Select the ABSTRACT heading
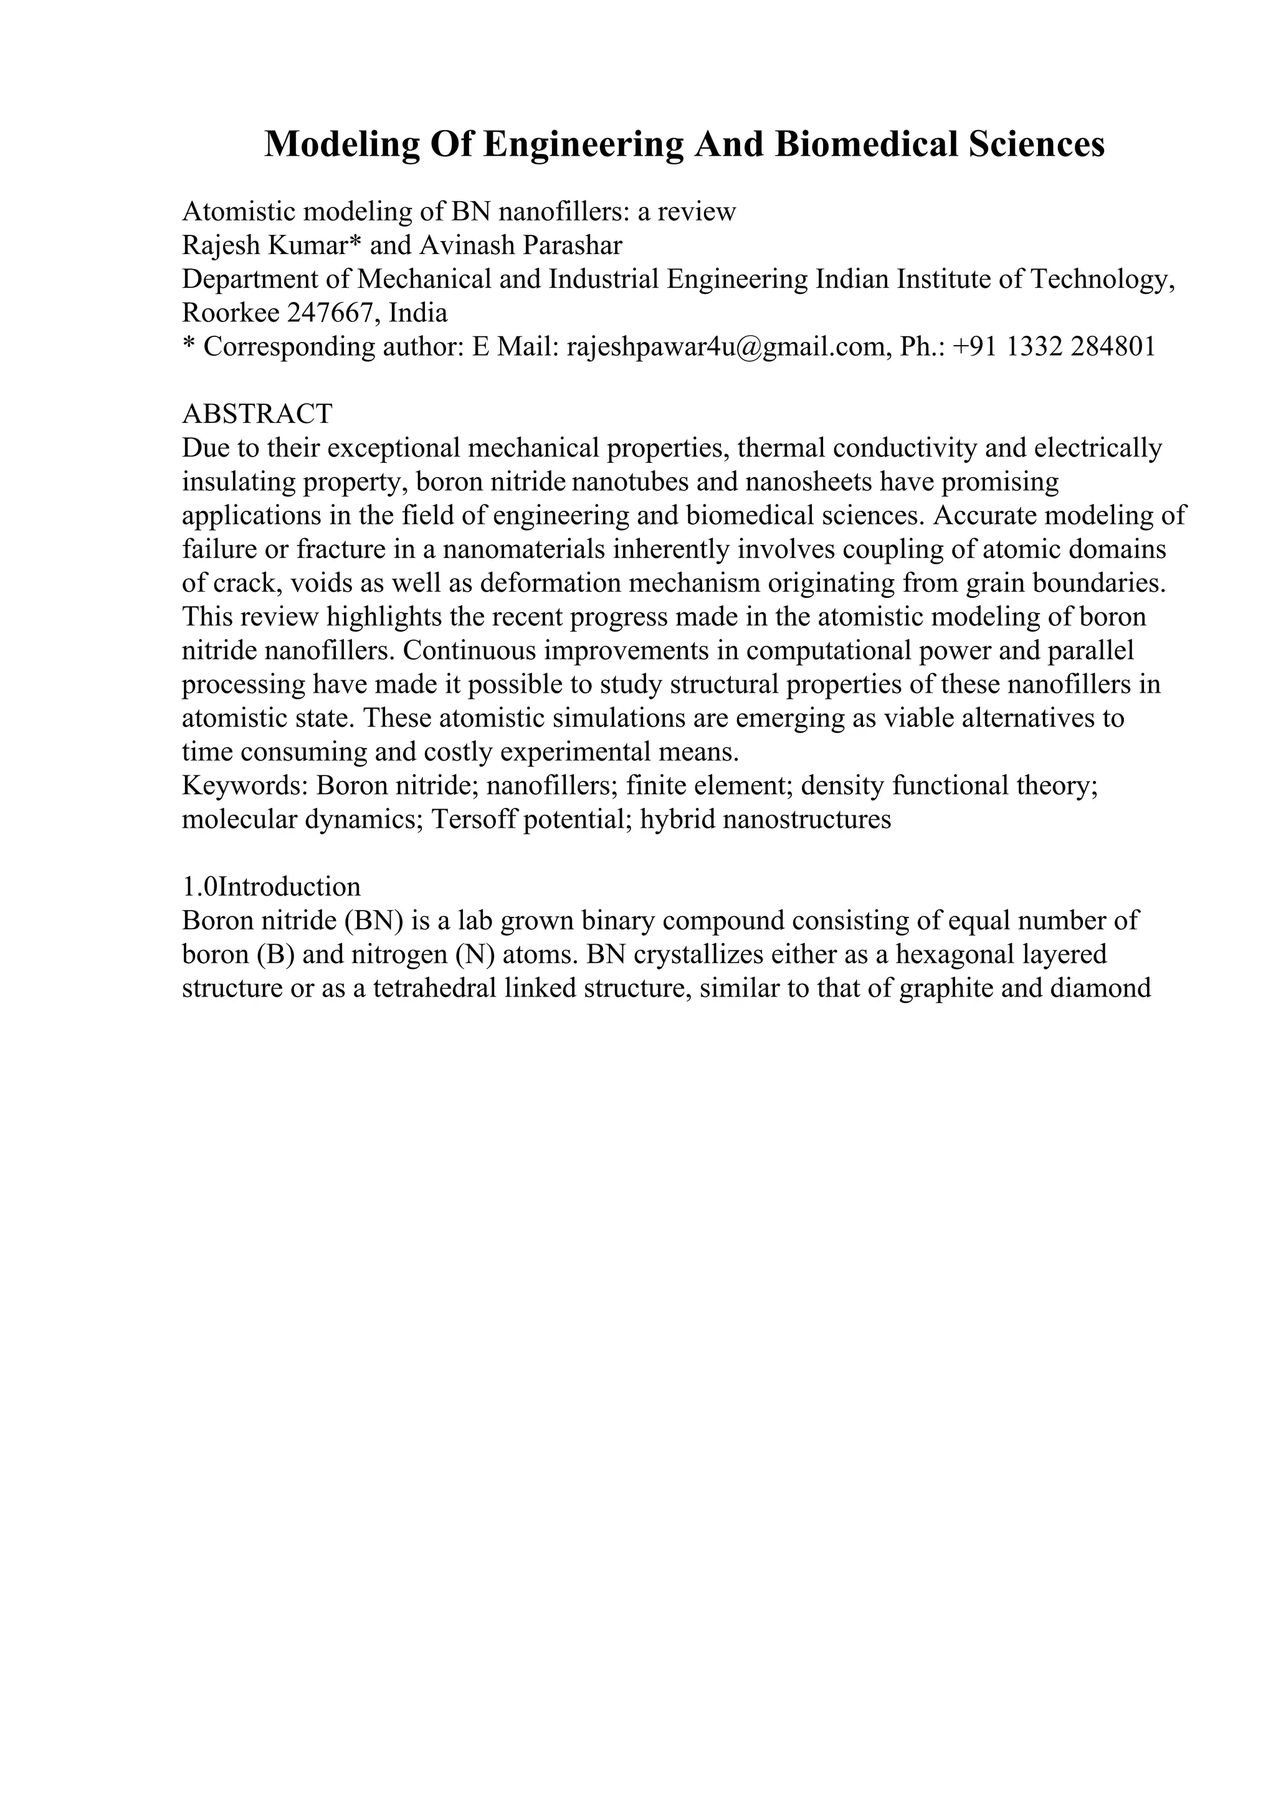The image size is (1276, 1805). [257, 414]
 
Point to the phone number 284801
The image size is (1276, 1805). [1113, 347]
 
